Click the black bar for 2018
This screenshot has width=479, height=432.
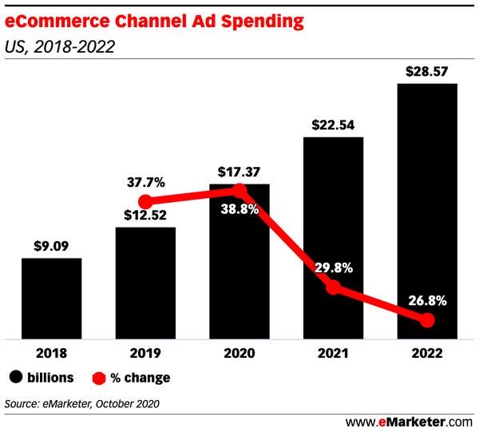[x=51, y=299]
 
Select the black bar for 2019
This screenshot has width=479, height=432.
[x=145, y=283]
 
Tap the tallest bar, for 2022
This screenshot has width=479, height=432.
[x=427, y=212]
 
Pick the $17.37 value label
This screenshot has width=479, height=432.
[x=239, y=172]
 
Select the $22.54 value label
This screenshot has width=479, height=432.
[x=333, y=125]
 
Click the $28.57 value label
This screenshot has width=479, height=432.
[x=427, y=70]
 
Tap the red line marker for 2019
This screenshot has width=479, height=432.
[x=145, y=201]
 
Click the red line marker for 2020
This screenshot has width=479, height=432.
[x=239, y=190]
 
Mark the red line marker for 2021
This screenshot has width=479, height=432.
[x=334, y=287]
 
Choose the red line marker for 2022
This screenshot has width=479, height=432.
[x=427, y=320]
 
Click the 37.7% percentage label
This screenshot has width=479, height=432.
[x=144, y=182]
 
